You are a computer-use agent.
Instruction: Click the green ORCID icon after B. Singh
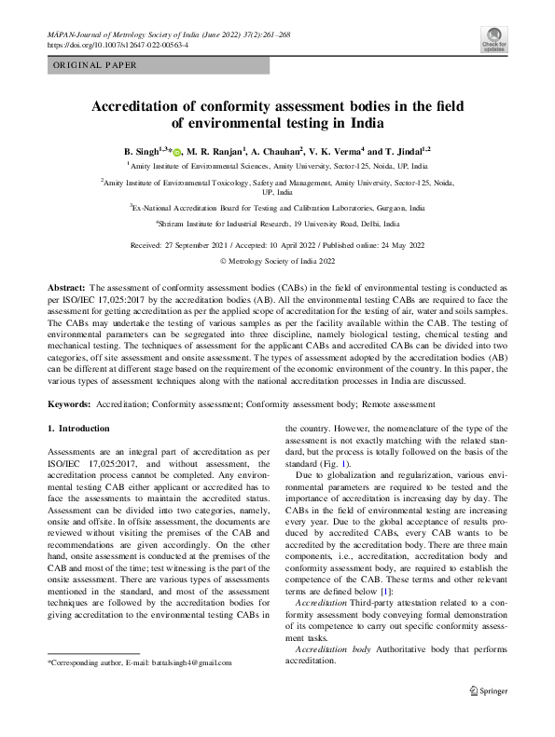point(177,151)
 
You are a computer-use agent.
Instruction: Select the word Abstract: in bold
point(67,290)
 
